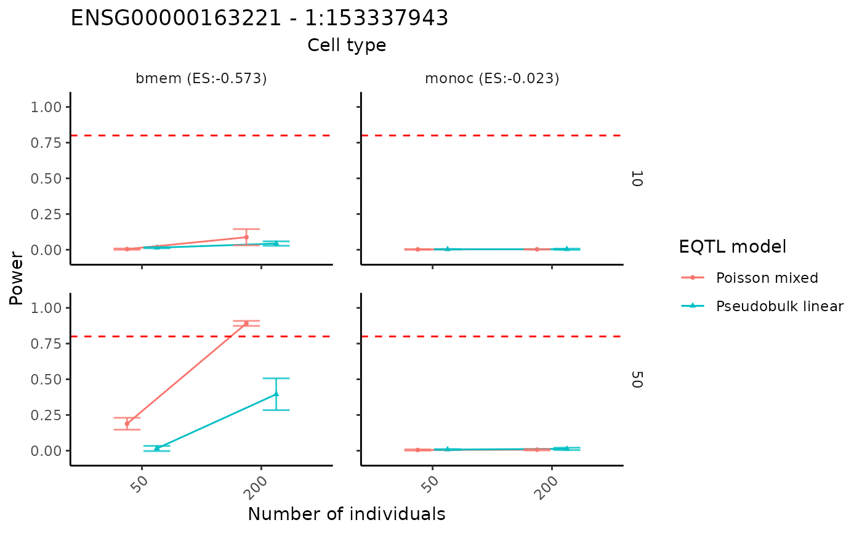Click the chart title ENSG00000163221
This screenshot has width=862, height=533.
[x=259, y=18]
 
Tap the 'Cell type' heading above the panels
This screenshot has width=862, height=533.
[x=347, y=46]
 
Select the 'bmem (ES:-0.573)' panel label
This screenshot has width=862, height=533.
[x=201, y=79]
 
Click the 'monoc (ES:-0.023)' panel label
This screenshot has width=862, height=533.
[x=491, y=79]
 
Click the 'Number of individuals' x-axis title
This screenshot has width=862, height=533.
[x=346, y=514]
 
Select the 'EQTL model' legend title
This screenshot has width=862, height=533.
[x=732, y=247]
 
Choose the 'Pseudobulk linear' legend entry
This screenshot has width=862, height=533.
[x=779, y=306]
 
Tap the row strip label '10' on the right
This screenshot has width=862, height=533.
[x=637, y=179]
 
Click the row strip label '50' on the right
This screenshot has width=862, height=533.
[x=637, y=380]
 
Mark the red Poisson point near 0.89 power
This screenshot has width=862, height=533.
[x=246, y=323]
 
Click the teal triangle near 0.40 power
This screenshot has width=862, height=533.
[x=276, y=394]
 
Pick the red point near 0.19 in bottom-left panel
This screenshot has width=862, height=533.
[x=127, y=423]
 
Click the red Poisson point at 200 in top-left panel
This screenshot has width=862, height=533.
[x=246, y=237]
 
